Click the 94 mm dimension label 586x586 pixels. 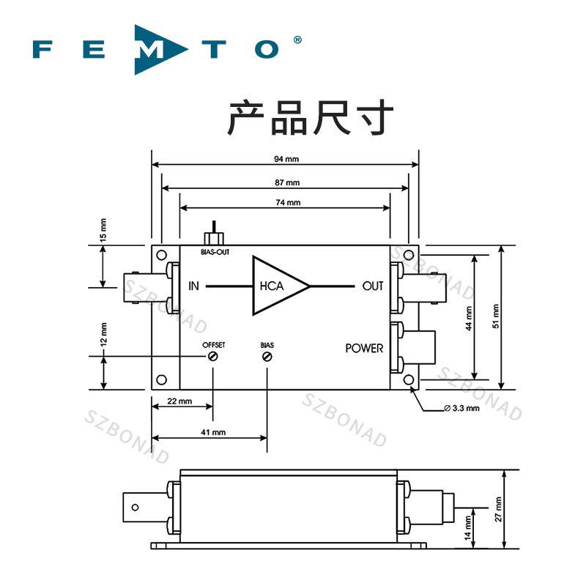tap(288, 159)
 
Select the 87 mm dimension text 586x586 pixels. tap(288, 182)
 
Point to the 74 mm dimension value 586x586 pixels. tap(288, 202)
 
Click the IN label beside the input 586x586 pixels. tap(193, 286)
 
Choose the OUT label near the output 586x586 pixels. tap(373, 286)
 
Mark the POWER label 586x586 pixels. tap(364, 348)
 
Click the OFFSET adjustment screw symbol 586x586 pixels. tap(213, 357)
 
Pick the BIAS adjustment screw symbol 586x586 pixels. tap(267, 357)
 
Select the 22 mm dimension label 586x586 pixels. tap(179, 401)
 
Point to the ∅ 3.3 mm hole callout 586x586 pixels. tap(461, 408)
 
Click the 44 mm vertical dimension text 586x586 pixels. tap(470, 318)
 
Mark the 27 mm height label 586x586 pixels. tap(498, 508)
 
